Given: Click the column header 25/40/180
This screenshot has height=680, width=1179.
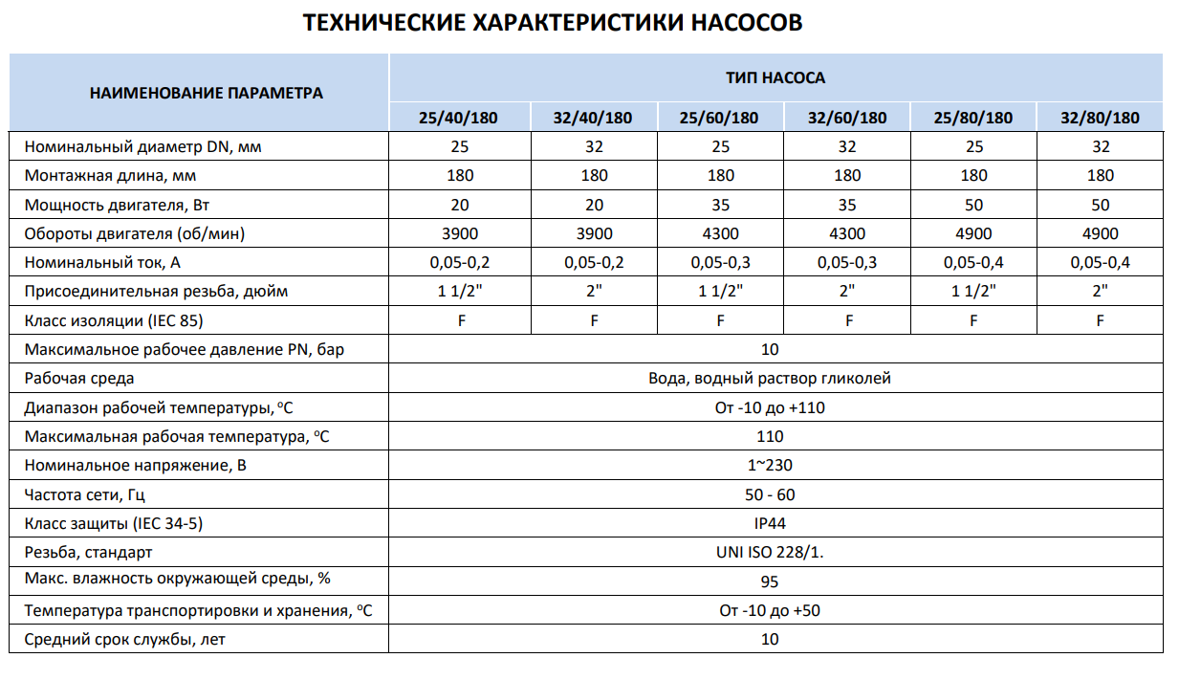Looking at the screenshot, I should point(459,119).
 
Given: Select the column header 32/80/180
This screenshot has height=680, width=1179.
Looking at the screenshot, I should point(1100,119).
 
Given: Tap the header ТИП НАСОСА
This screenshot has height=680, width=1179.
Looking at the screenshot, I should point(775,77).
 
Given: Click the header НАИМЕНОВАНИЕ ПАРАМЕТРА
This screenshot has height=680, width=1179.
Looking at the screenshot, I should point(206,93).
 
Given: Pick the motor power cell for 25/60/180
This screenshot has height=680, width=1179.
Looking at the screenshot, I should point(720,205).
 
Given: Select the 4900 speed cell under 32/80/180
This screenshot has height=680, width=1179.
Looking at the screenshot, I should point(1100,233).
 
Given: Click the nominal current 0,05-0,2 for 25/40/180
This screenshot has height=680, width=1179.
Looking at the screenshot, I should point(459,262).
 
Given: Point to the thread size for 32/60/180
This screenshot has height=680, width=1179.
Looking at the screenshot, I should point(846,291).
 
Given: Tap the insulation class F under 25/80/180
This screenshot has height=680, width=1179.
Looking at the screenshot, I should point(973,320).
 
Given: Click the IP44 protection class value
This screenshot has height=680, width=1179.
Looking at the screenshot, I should point(770,523).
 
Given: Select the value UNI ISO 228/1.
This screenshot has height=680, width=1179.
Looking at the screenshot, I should point(770,552).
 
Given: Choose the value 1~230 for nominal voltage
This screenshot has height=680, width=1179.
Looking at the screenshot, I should point(770,466).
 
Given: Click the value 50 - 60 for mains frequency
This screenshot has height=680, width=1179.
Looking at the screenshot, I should point(770,494).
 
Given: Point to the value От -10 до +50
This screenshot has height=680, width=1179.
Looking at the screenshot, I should point(770,610).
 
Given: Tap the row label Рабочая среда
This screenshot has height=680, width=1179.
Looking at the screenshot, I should point(79,379).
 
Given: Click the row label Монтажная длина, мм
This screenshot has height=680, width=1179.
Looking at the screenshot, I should point(111,176).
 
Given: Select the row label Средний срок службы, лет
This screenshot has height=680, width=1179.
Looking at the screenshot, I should point(125,639).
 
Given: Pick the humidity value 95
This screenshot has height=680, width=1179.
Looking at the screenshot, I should point(770,581).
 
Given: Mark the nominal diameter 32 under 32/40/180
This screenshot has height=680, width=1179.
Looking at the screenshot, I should point(594,146).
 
